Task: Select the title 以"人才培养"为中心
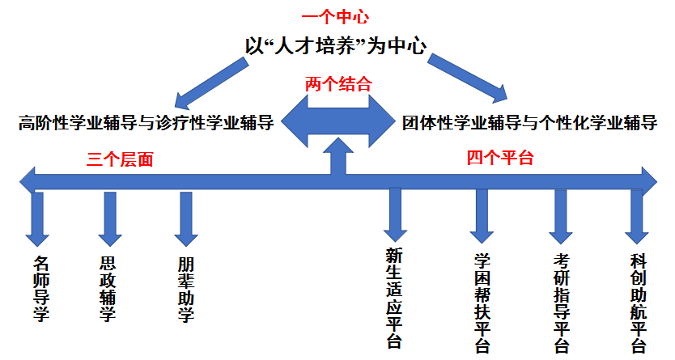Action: point(336,45)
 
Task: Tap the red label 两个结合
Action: point(338,83)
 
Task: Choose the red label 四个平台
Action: point(499,158)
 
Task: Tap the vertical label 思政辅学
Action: point(108,288)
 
